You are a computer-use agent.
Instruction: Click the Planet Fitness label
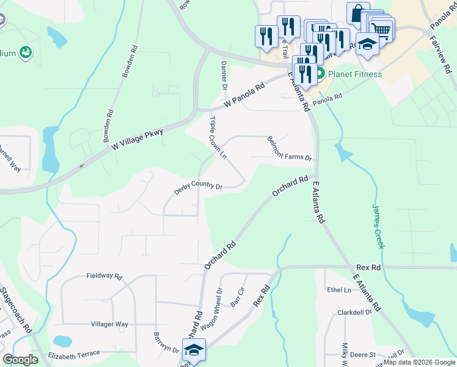[x=354, y=74]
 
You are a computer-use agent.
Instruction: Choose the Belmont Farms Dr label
[x=290, y=149]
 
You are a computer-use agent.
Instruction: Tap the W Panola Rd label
[x=246, y=97]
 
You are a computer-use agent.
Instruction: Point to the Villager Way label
[x=109, y=324]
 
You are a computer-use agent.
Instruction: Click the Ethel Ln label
[x=339, y=289]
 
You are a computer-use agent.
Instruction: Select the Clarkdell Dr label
[x=354, y=312]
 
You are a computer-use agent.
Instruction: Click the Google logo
[x=21, y=360]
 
